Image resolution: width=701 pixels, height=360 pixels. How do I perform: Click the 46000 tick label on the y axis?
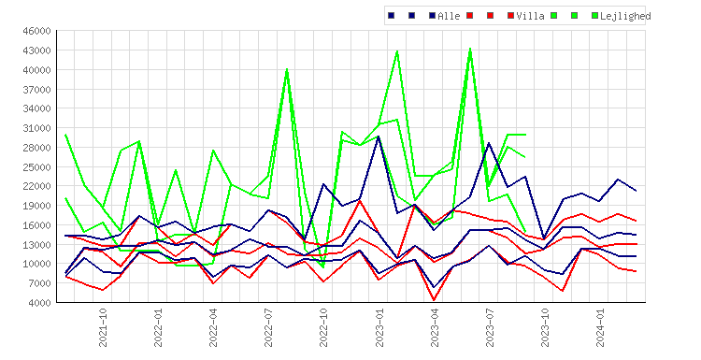pyautogui.click(x=37, y=31)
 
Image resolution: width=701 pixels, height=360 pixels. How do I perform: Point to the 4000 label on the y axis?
pyautogui.click(x=40, y=303)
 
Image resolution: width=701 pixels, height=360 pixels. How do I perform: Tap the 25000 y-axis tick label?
pyautogui.click(x=37, y=167)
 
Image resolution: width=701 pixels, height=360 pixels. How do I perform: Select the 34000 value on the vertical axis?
pyautogui.click(x=37, y=108)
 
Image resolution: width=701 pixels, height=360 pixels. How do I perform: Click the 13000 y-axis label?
pyautogui.click(x=37, y=245)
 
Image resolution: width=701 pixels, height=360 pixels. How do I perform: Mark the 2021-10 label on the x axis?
pyautogui.click(x=103, y=327)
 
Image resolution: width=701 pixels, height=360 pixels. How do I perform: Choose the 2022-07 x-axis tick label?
pyautogui.click(x=268, y=327)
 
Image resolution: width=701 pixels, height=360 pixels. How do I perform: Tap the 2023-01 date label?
pyautogui.click(x=379, y=327)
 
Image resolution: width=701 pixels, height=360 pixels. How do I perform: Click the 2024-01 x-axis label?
pyautogui.click(x=600, y=327)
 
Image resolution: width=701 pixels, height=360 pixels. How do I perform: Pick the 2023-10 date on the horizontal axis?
pyautogui.click(x=546, y=327)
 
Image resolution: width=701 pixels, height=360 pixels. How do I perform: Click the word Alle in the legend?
pyautogui.click(x=449, y=16)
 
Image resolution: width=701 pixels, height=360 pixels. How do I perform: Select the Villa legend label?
pyautogui.click(x=531, y=16)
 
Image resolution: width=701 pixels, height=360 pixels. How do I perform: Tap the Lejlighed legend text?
pyautogui.click(x=625, y=16)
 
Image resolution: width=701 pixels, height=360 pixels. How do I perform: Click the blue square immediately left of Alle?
pyautogui.click(x=433, y=16)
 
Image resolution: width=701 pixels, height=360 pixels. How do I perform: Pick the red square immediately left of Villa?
pyautogui.click(x=510, y=16)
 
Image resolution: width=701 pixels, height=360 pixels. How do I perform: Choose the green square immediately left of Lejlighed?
pyautogui.click(x=594, y=16)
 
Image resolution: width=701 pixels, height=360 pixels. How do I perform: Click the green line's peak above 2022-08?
pyautogui.click(x=287, y=69)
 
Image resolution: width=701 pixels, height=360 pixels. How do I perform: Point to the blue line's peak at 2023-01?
pyautogui.click(x=379, y=137)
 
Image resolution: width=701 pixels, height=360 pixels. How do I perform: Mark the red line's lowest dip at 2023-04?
pyautogui.click(x=434, y=300)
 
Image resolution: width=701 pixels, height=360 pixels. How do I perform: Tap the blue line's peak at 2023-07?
pyautogui.click(x=489, y=143)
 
